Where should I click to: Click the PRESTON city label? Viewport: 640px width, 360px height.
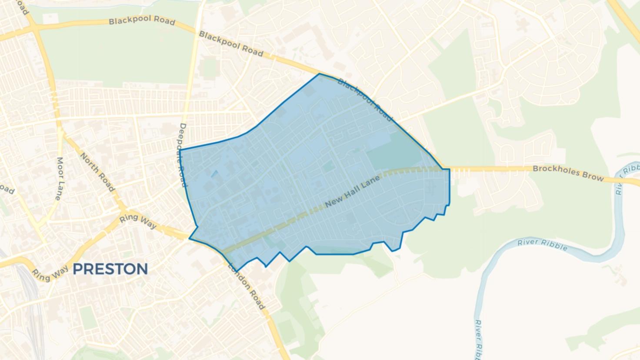(110, 269)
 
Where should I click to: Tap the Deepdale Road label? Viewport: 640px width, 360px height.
(183, 155)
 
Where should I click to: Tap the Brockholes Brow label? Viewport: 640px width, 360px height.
(568, 173)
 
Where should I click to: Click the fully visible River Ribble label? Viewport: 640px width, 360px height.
(542, 244)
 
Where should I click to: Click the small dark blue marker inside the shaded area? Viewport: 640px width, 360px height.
(213, 173)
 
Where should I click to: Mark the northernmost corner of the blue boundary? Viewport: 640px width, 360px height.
(320, 74)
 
